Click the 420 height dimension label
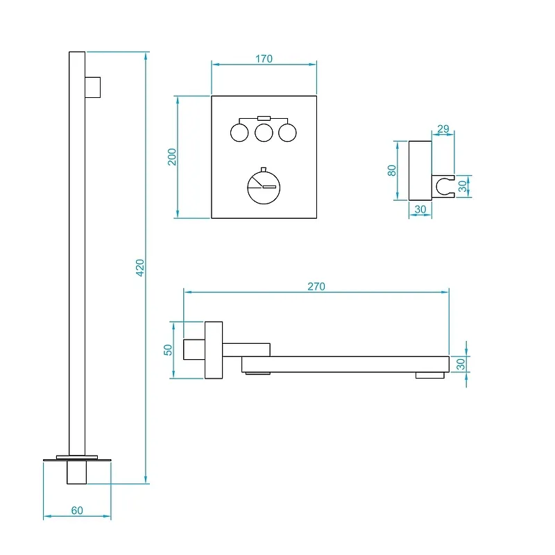(140, 267)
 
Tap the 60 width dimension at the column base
(77, 510)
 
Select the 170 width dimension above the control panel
(264, 58)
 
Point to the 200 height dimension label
(171, 157)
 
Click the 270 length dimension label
(316, 286)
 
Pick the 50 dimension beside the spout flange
(168, 350)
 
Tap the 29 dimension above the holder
(443, 129)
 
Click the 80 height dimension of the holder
(391, 170)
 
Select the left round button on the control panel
(239, 133)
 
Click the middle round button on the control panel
(264, 133)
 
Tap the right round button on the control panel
(287, 133)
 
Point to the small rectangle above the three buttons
(264, 118)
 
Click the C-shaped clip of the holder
(437, 186)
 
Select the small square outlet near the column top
(93, 88)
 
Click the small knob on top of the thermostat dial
(264, 169)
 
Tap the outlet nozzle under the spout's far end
(429, 375)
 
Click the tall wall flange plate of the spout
(214, 350)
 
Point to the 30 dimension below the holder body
(420, 209)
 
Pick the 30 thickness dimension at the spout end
(461, 364)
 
